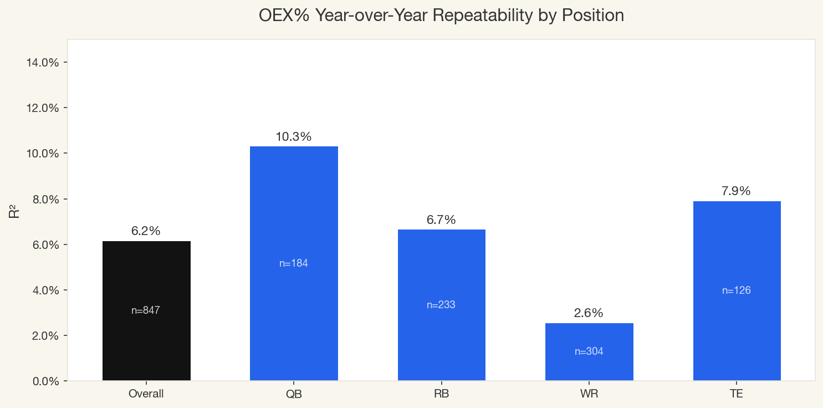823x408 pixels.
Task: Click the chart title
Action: [x=441, y=16]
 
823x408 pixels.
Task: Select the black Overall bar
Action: [x=146, y=277]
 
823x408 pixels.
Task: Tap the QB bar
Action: [x=294, y=211]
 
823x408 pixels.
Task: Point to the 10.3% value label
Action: [x=294, y=136]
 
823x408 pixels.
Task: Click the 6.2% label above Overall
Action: [x=146, y=231]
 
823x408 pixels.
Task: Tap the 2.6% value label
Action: [x=589, y=313]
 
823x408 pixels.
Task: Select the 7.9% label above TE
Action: [x=736, y=191]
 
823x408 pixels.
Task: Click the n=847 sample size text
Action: [x=146, y=310]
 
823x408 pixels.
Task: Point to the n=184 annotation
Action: [x=294, y=263]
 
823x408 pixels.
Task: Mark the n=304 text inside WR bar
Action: [x=589, y=351]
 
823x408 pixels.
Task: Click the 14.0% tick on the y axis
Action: [x=43, y=62]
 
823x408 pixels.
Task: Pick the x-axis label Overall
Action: [x=146, y=394]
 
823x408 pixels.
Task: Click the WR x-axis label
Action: [x=589, y=394]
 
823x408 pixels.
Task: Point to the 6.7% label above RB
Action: [x=441, y=220]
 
